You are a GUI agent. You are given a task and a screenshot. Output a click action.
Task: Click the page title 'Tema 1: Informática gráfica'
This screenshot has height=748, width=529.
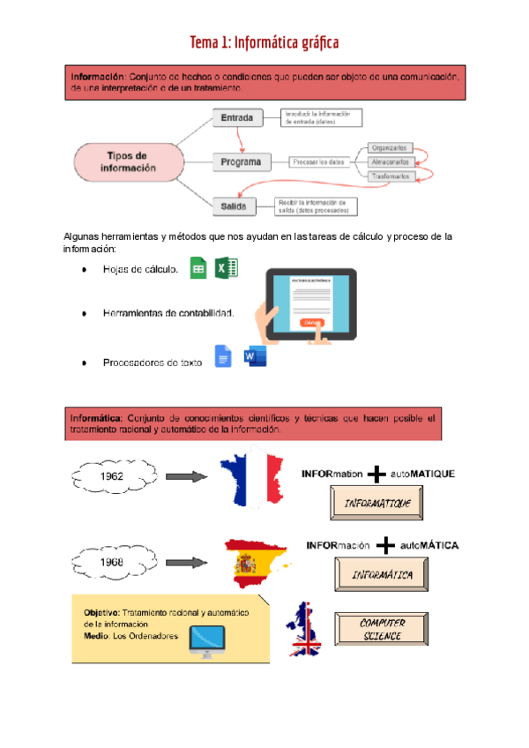pyautogui.click(x=264, y=42)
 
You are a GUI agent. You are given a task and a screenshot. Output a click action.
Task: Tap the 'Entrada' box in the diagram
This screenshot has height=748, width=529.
pyautogui.click(x=237, y=117)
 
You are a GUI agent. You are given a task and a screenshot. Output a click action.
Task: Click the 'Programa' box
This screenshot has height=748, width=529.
pyautogui.click(x=241, y=161)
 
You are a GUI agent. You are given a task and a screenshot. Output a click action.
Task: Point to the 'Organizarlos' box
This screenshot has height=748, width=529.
pyautogui.click(x=389, y=147)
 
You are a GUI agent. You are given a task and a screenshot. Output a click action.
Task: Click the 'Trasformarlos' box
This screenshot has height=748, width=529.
pyautogui.click(x=391, y=176)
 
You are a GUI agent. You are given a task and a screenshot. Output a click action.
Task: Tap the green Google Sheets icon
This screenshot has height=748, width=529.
pyautogui.click(x=198, y=269)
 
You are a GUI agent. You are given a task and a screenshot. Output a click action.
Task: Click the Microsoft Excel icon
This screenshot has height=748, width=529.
pyautogui.click(x=227, y=269)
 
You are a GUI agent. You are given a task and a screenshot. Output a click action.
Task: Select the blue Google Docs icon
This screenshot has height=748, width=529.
pyautogui.click(x=223, y=357)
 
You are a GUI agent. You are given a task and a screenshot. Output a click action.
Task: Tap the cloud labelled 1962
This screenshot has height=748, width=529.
pyautogui.click(x=112, y=476)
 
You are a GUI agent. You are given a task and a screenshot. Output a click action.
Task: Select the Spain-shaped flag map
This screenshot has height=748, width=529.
pyautogui.click(x=258, y=562)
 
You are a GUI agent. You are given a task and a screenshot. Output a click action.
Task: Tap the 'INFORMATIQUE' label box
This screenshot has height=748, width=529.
pyautogui.click(x=377, y=504)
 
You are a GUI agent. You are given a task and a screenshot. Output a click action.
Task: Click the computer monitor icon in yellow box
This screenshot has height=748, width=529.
pyautogui.click(x=207, y=641)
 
